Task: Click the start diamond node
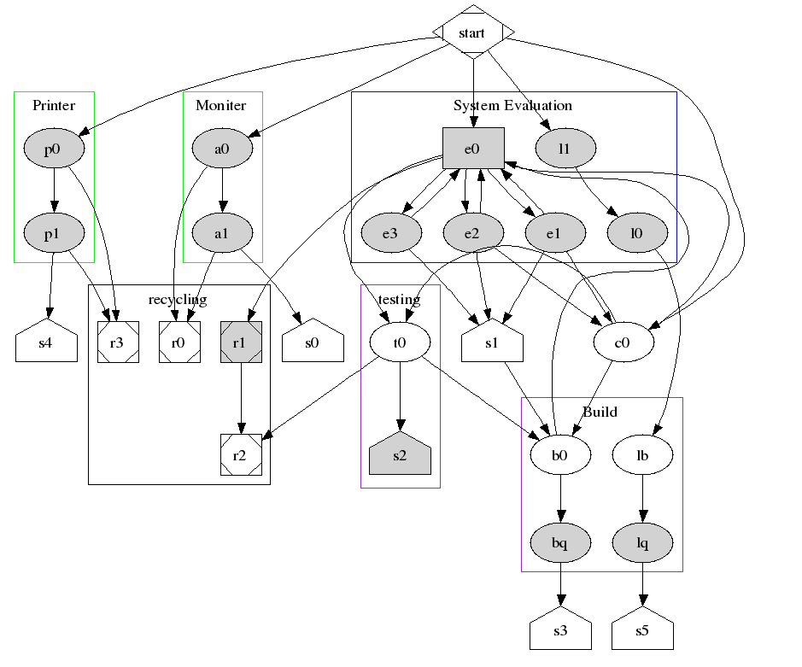(473, 32)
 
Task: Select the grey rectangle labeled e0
(473, 149)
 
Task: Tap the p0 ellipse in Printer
(54, 149)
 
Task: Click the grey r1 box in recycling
(241, 342)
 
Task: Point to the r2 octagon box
(241, 455)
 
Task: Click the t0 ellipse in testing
(400, 342)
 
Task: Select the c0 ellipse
(623, 342)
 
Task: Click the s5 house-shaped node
(642, 632)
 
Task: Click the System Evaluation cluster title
(512, 106)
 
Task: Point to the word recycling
(178, 299)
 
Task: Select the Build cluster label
(600, 412)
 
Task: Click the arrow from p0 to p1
(54, 189)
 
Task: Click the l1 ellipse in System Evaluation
(565, 149)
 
